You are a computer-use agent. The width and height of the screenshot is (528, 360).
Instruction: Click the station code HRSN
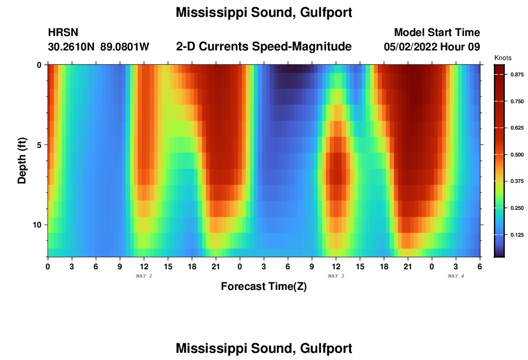tap(63, 33)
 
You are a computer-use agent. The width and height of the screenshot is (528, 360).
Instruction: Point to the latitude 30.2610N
tap(72, 47)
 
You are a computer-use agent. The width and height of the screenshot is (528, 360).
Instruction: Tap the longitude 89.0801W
tap(125, 47)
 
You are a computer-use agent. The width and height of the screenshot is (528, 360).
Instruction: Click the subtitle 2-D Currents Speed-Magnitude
tap(264, 47)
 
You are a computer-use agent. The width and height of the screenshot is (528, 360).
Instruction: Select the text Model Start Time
tap(437, 33)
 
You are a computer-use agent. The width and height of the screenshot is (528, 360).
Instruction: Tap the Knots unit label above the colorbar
tap(503, 58)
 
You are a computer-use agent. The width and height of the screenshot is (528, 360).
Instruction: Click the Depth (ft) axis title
tap(22, 160)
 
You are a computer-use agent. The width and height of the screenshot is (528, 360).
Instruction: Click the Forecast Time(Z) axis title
tap(264, 287)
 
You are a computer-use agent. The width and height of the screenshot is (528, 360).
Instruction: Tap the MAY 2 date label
tap(144, 276)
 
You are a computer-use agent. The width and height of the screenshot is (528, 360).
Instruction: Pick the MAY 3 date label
tap(336, 276)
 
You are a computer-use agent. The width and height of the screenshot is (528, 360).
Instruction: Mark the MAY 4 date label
tap(456, 276)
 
